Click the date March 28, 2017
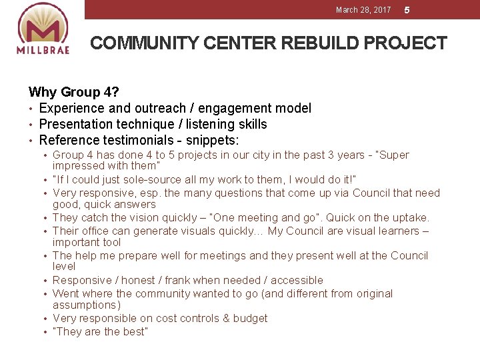pos(363,10)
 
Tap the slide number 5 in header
pos(407,10)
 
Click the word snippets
pos(213,140)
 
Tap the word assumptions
pos(87,305)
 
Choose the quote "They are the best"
pos(100,331)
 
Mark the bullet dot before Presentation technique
pos(31,125)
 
